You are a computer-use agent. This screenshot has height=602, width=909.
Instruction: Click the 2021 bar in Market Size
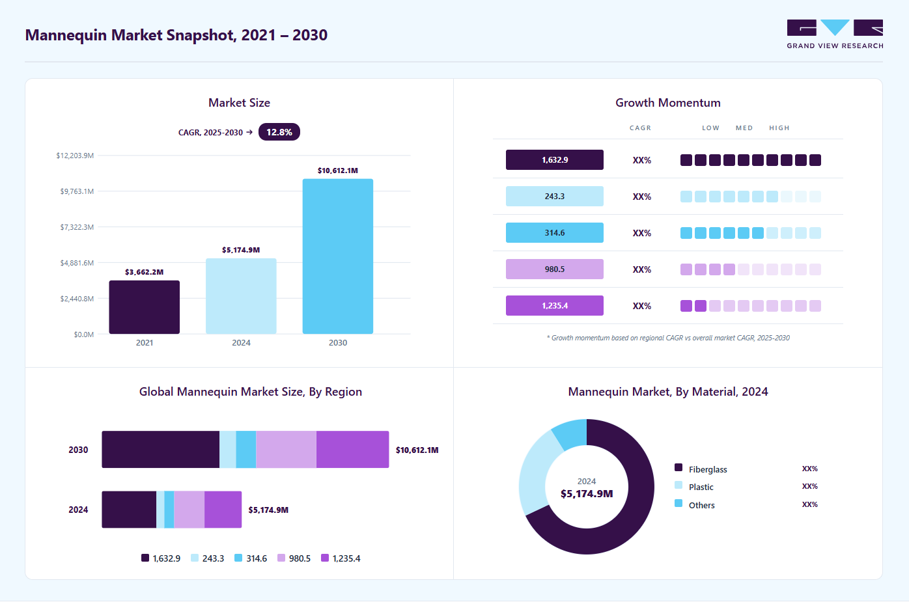144,307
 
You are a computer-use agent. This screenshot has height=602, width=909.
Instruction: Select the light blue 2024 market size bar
241,296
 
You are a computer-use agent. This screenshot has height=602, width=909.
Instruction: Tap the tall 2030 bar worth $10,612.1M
338,256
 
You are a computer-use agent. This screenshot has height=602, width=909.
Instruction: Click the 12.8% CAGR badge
279,132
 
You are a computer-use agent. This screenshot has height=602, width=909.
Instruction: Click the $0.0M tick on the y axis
83,335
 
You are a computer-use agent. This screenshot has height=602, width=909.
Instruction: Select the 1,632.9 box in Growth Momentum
554,160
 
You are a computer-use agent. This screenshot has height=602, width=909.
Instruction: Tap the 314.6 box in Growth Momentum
554,233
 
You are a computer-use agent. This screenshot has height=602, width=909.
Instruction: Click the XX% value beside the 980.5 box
641,269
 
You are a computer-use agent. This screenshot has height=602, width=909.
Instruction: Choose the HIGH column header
779,128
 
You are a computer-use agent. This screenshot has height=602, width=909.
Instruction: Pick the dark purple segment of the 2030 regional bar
161,450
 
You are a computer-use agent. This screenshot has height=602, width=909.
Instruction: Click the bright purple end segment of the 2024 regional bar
223,510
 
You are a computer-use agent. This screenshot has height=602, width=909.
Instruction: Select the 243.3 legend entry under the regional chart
207,558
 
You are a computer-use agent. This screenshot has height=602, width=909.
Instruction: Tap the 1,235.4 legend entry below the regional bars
341,558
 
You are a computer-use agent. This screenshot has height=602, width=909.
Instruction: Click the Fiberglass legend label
708,469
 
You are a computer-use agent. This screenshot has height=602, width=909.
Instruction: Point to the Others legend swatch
678,504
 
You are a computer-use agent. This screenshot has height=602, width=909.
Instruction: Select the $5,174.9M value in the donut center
587,494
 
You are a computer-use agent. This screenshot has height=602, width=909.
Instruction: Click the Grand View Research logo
835,34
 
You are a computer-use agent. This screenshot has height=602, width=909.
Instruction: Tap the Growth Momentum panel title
667,103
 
